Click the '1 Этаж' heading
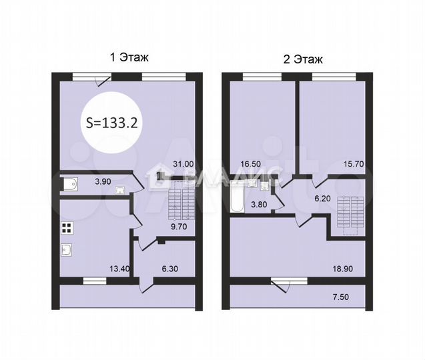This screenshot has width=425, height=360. (128, 58)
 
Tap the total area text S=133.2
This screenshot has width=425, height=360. (113, 122)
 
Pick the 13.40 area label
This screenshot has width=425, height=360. (119, 269)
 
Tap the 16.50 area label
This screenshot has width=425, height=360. (252, 163)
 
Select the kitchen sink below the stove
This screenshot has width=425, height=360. (67, 251)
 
